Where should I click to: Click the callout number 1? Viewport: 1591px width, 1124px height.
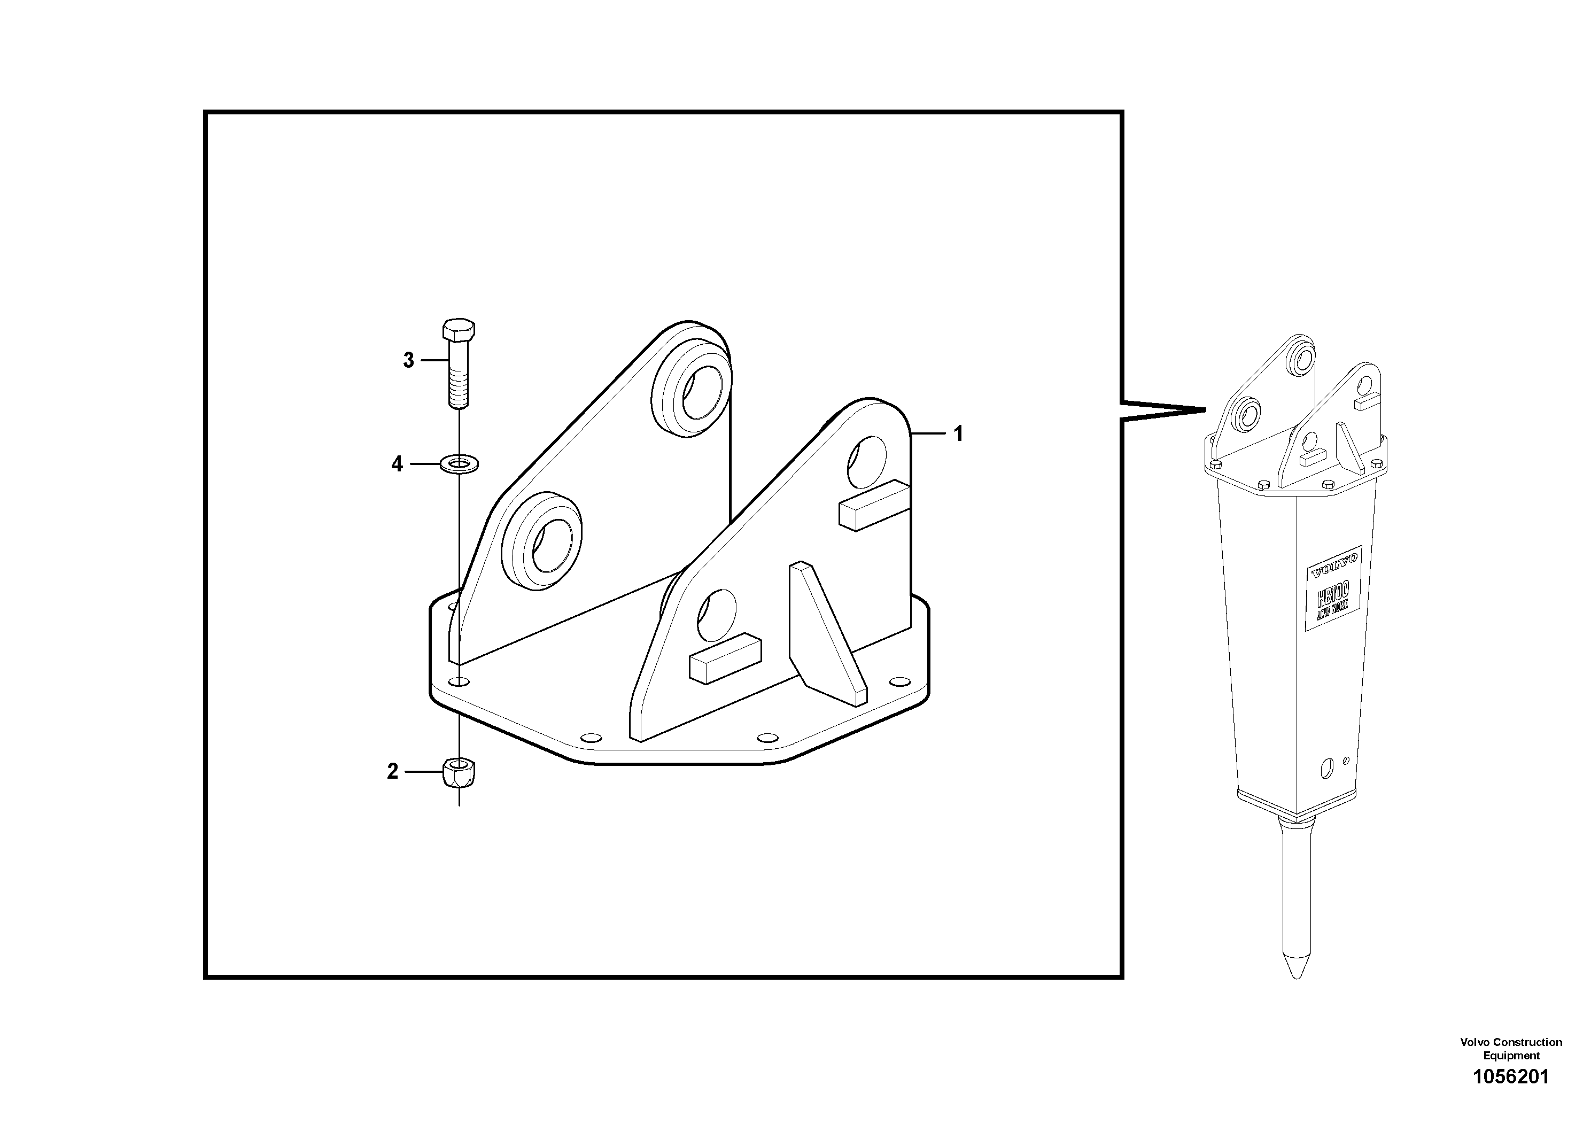pos(958,434)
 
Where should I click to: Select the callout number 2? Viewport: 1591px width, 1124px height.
pos(393,771)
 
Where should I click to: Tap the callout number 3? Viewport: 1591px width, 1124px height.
pos(409,360)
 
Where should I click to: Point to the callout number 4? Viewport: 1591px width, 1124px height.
pos(397,463)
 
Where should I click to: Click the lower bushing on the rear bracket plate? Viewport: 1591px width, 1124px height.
pos(541,541)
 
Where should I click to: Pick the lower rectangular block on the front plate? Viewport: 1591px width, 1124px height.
pos(725,657)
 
